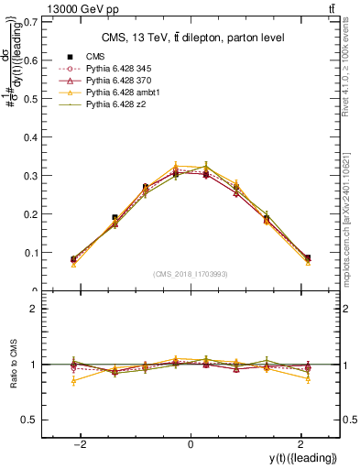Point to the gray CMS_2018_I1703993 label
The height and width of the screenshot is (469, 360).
click(190, 274)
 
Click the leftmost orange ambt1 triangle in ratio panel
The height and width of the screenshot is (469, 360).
click(73, 380)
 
